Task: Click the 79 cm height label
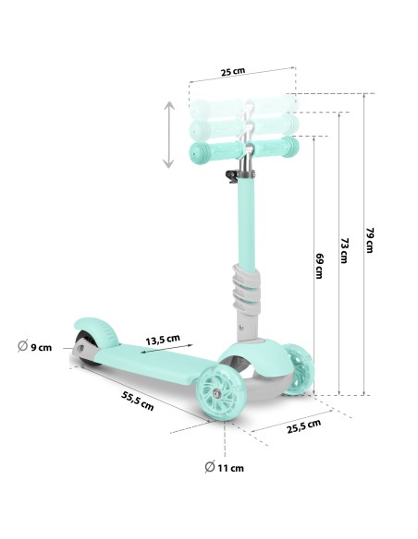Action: tap(370, 240)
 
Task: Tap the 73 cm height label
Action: tap(344, 251)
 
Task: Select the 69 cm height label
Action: tap(320, 266)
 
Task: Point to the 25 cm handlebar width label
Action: tap(233, 71)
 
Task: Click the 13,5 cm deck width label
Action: tap(163, 340)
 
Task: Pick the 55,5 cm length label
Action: tap(138, 401)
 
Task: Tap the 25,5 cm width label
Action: tap(304, 425)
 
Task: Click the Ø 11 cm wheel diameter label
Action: tap(224, 468)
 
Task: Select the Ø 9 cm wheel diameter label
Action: tap(34, 346)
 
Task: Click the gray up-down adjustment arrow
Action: tap(168, 135)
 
